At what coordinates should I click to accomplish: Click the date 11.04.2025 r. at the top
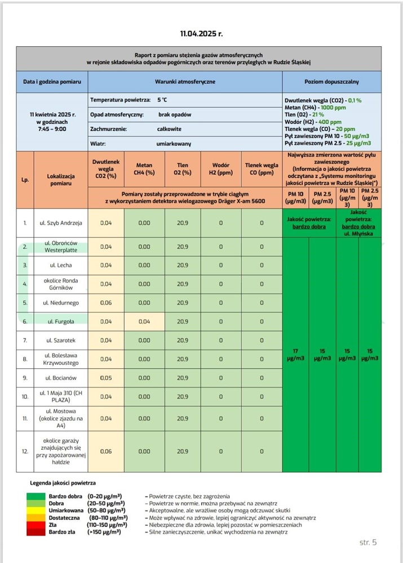click(x=201, y=34)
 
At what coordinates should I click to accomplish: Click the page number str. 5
click(x=367, y=542)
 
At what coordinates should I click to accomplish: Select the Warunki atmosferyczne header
click(x=185, y=82)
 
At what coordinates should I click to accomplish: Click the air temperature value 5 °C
click(x=162, y=100)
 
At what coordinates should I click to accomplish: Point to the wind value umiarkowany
click(x=175, y=144)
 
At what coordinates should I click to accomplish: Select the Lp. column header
click(x=25, y=180)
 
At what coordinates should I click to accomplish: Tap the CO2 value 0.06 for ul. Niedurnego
click(x=106, y=303)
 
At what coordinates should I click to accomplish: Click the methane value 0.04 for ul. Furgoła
click(x=144, y=321)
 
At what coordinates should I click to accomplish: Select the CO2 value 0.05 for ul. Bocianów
click(x=106, y=378)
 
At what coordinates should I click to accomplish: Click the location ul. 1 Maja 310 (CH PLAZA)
click(x=61, y=396)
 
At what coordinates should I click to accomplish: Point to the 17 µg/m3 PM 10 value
click(x=296, y=355)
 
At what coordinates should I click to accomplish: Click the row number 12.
click(x=25, y=452)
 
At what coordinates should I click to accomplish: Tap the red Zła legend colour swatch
click(x=43, y=523)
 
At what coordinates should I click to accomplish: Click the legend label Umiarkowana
click(x=64, y=510)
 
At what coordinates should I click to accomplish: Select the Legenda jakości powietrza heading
click(x=63, y=482)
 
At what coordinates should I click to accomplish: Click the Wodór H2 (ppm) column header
click(x=220, y=169)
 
